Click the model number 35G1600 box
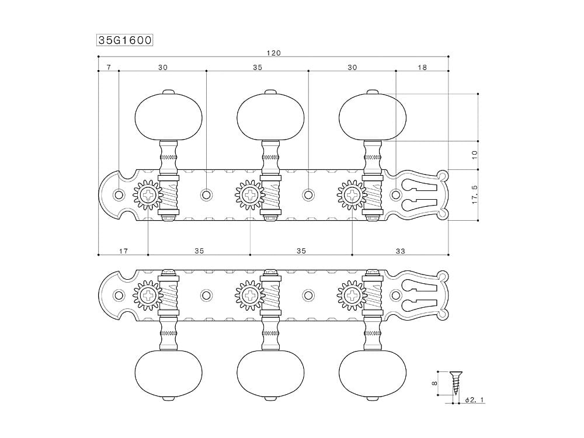125,40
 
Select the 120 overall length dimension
273,53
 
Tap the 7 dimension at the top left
109,67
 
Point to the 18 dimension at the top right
422,67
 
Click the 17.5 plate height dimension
474,194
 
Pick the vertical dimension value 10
474,155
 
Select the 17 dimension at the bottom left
123,251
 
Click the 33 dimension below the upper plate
400,251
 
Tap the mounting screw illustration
455,383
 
